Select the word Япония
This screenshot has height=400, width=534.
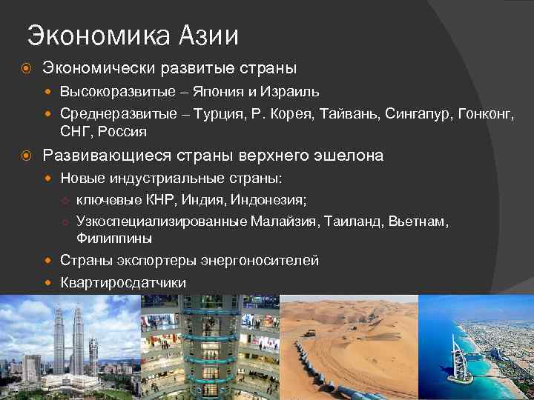tap(222, 93)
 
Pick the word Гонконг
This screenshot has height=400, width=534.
tap(487, 114)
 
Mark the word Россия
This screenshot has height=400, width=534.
tap(122, 132)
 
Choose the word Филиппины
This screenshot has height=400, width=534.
tap(114, 239)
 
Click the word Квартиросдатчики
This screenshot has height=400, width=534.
tap(123, 282)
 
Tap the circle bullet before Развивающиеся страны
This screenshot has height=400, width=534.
tap(26, 156)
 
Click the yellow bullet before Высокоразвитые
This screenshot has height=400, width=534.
tap(49, 93)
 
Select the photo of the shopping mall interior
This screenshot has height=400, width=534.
tap(210, 348)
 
